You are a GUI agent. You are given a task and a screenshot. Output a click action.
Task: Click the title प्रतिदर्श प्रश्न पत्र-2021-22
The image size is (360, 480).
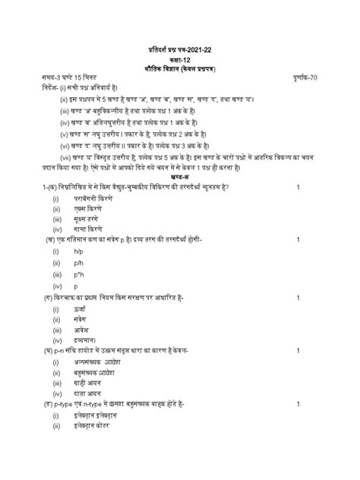click(x=180, y=50)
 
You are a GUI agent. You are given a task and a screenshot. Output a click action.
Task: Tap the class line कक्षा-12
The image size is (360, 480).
click(x=180, y=59)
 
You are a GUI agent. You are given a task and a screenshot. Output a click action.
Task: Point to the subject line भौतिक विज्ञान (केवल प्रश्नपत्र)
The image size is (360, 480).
click(x=180, y=69)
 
